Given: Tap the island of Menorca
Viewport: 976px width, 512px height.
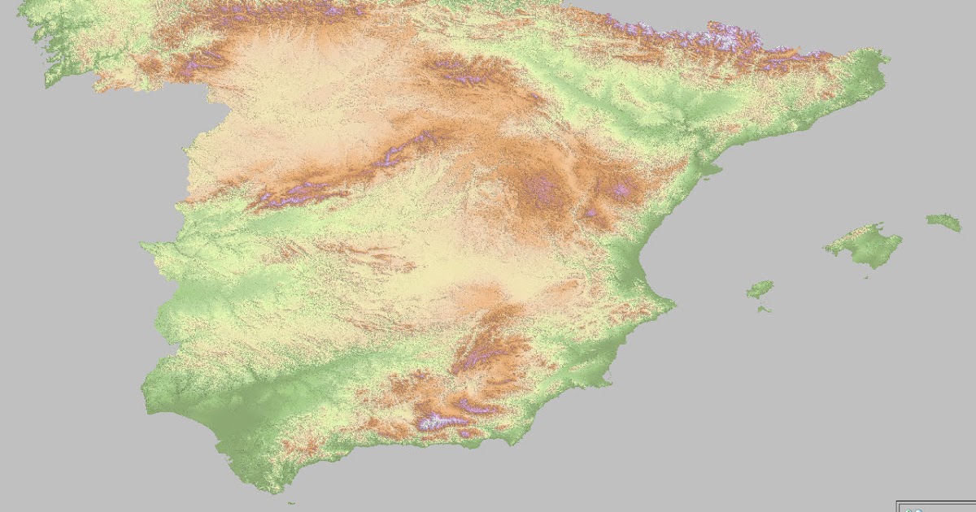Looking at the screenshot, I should [x=943, y=221].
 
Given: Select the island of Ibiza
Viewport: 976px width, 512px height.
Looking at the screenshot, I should [x=760, y=289].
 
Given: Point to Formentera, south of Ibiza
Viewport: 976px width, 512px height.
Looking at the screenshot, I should [x=763, y=308].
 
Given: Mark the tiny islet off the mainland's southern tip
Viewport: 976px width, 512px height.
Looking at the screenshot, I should [x=290, y=503].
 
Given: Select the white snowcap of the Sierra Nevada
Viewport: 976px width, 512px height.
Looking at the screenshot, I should [x=435, y=420].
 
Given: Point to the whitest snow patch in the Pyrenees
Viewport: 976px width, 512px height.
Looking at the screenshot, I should [x=716, y=34].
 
